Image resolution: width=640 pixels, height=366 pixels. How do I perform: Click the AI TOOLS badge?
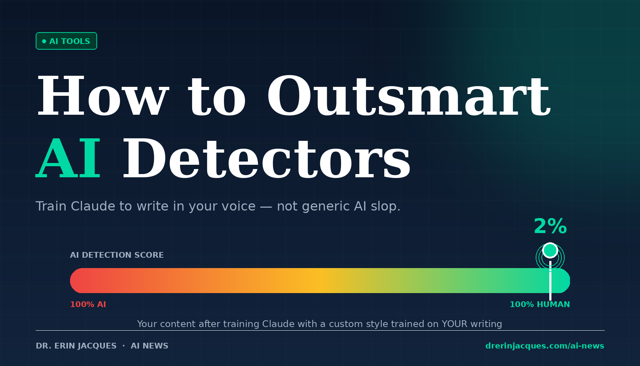tap(66, 41)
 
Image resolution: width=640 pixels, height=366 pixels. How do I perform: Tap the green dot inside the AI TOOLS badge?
tap(44, 41)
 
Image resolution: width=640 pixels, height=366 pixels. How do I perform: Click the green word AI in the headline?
tap(68, 158)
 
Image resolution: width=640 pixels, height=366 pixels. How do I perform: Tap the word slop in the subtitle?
tap(385, 207)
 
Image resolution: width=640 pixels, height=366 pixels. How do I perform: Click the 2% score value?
tap(550, 227)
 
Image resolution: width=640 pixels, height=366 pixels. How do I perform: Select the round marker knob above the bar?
tap(550, 250)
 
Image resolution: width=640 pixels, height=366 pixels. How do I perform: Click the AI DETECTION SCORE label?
tap(117, 255)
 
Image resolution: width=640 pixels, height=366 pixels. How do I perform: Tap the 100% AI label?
tap(88, 305)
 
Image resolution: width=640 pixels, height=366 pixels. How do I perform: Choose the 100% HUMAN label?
tap(540, 305)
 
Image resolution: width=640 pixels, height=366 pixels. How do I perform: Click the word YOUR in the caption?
tap(454, 324)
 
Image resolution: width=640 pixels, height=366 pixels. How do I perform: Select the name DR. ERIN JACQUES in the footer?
tap(76, 346)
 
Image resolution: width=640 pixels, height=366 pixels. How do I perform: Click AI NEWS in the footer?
tap(149, 346)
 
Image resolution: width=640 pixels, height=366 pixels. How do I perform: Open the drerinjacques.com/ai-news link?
tap(545, 346)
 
